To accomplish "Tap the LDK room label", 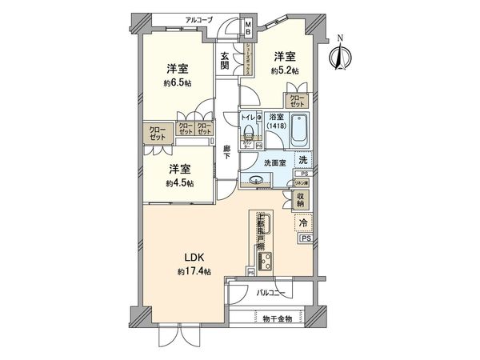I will [x=196, y=258].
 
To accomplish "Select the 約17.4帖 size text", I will [x=195, y=272].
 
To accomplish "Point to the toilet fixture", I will [x=249, y=133].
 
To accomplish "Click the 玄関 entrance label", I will [x=226, y=61].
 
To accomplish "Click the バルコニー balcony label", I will [x=272, y=294].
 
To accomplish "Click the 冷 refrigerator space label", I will [x=305, y=223].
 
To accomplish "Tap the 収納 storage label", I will [x=301, y=198].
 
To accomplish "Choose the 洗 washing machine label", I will [x=302, y=159].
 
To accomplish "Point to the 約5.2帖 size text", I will [x=284, y=71].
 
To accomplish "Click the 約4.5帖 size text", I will [x=178, y=183].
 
